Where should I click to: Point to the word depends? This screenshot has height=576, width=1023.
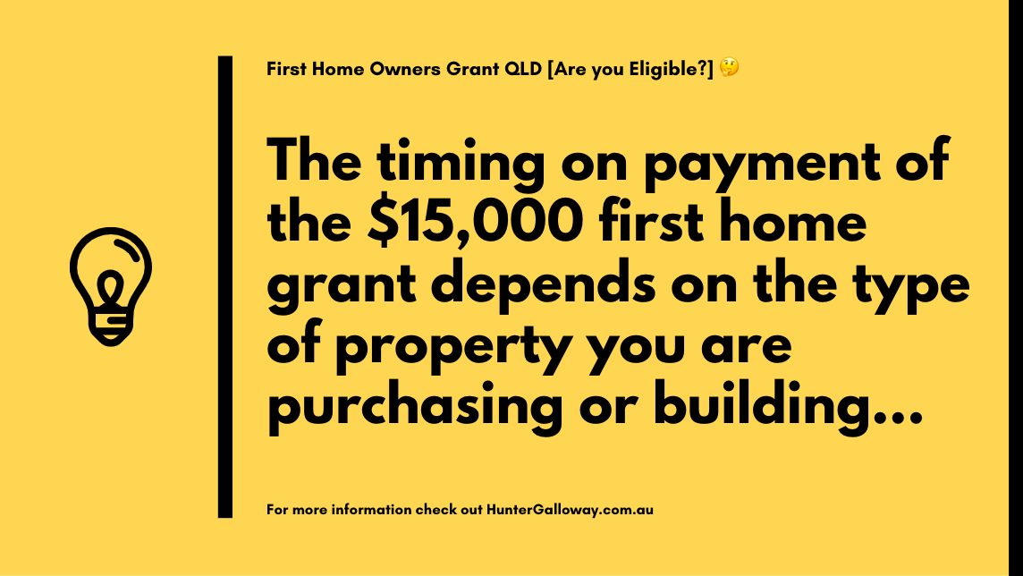[x=543, y=287]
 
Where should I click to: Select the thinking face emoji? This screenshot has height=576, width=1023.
[x=730, y=67]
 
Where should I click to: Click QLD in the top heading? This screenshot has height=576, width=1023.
[x=523, y=69]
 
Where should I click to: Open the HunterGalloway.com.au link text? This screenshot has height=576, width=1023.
[x=570, y=510]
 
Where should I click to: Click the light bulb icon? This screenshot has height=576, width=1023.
[x=111, y=286]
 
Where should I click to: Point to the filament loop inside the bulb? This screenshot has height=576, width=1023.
[x=111, y=288]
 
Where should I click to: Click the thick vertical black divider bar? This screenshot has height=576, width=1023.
[x=225, y=287]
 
